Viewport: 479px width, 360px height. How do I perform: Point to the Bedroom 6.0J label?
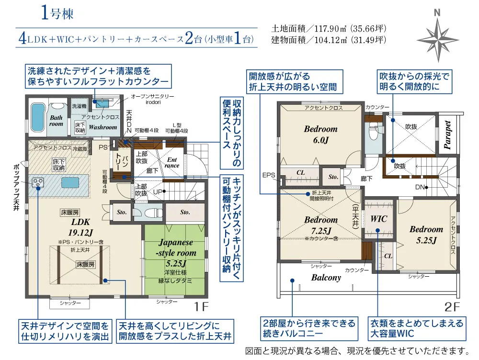[x=320, y=134]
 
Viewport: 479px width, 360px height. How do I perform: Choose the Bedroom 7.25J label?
[x=320, y=225]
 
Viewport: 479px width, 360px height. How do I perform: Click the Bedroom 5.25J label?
[x=426, y=234]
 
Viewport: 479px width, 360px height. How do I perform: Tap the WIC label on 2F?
[x=378, y=219]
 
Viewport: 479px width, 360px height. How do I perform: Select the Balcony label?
[x=326, y=278]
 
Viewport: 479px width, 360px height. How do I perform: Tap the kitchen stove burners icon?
[x=37, y=182]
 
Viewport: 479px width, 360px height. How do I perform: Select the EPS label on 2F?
[x=269, y=175]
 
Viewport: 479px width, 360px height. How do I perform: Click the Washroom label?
[x=103, y=127]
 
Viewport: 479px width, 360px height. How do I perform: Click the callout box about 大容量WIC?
[x=416, y=328]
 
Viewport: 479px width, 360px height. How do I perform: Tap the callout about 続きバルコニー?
[x=308, y=328]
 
